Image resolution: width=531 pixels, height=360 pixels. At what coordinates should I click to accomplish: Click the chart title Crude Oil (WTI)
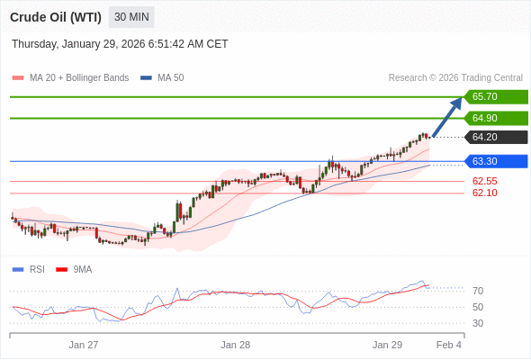55,17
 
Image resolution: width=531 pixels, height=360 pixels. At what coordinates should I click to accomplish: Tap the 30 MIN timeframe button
131,17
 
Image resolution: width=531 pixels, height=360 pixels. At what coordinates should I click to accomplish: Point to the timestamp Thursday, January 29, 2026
120,44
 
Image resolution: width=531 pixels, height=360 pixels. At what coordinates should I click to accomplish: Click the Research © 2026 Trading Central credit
455,77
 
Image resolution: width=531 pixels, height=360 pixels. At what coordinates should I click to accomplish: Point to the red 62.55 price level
484,181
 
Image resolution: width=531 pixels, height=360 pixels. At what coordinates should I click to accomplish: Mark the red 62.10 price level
484,193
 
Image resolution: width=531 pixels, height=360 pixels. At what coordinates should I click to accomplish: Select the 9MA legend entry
82,269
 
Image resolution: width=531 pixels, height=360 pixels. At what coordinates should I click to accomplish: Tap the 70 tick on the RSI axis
478,291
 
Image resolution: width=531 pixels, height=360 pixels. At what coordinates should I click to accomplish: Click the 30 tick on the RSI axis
478,323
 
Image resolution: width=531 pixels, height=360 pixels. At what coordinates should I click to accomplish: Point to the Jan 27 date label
84,345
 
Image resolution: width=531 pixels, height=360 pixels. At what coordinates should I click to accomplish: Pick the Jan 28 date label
235,345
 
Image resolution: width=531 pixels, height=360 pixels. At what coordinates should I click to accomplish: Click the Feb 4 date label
448,345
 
